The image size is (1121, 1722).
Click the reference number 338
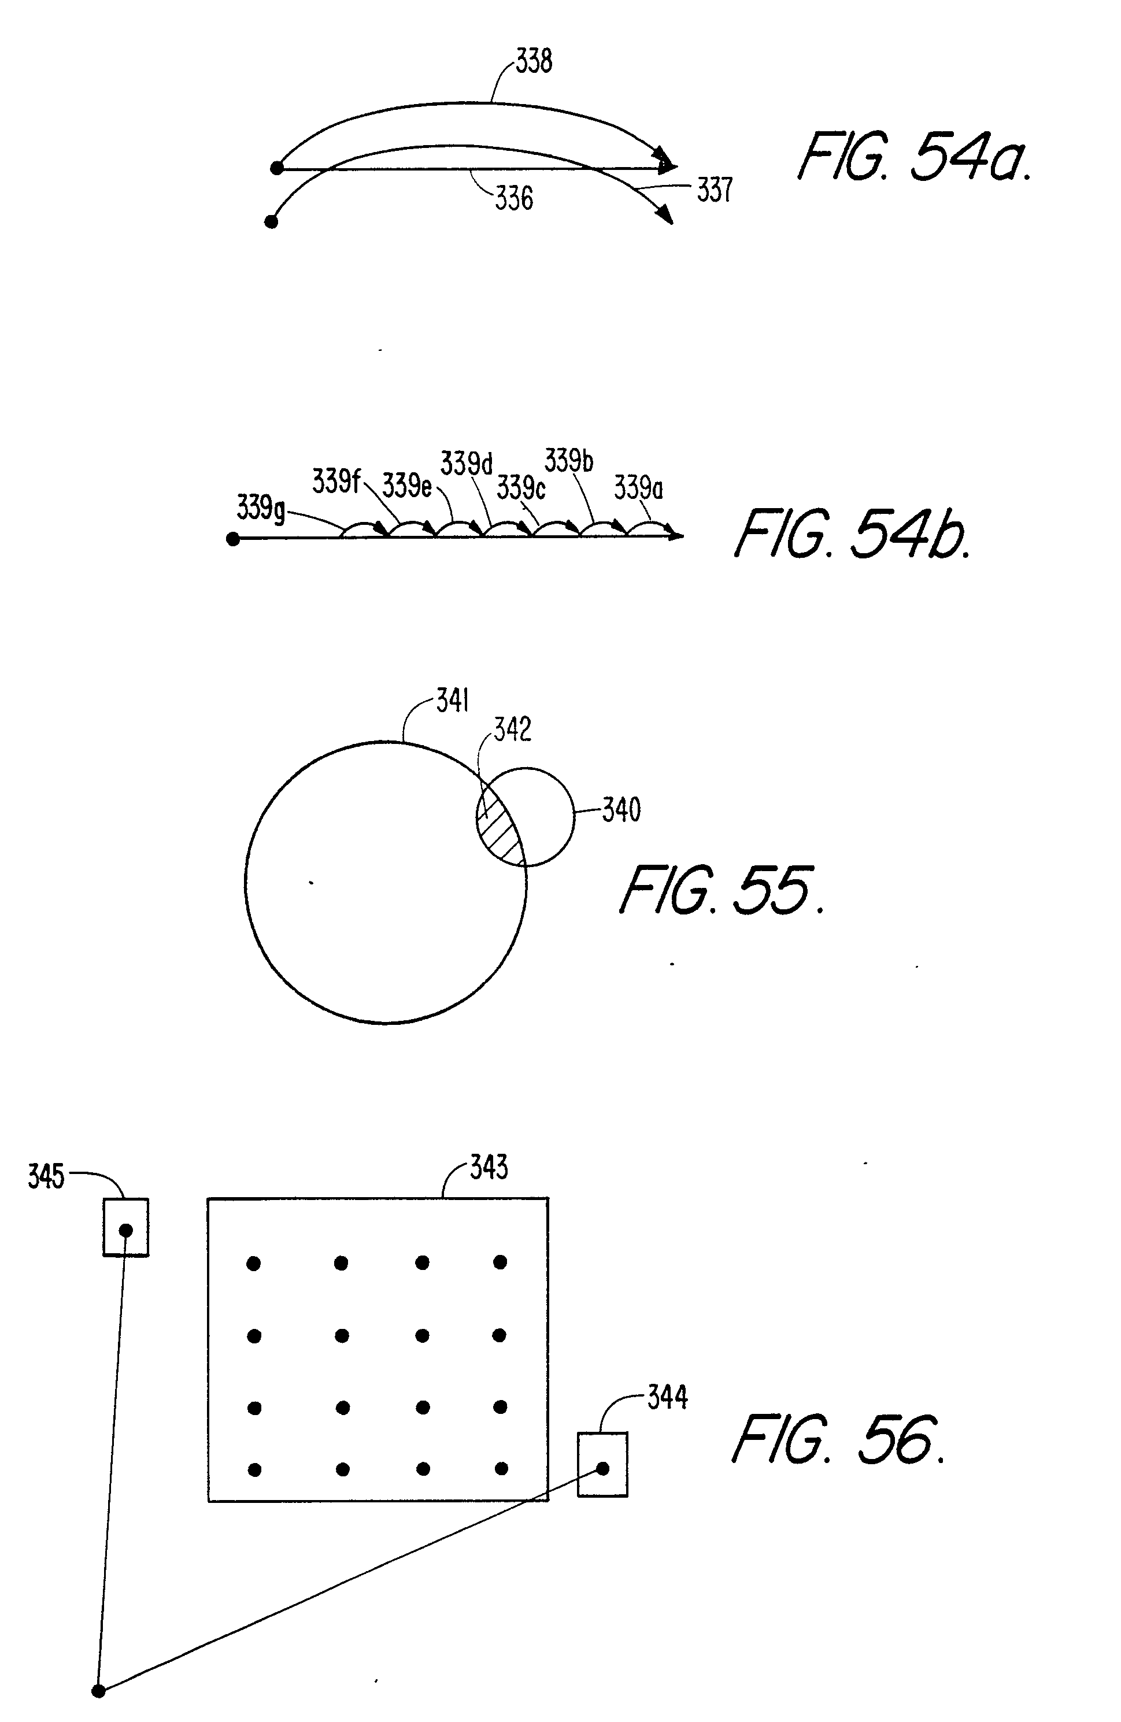click(534, 61)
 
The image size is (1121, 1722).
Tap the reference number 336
click(514, 198)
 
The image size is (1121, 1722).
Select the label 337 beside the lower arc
click(715, 190)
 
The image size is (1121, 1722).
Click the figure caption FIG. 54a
click(914, 157)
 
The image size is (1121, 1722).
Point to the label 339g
click(261, 509)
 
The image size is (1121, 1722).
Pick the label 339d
click(466, 464)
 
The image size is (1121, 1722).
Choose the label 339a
click(638, 488)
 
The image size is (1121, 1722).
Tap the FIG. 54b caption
click(851, 535)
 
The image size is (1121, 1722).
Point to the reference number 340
click(621, 810)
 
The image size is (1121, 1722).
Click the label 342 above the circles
click(512, 729)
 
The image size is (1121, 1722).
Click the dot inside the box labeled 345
click(126, 1230)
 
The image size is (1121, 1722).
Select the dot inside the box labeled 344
click(602, 1469)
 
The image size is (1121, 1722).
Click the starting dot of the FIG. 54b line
click(233, 539)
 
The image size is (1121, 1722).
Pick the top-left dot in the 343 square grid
click(254, 1264)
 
